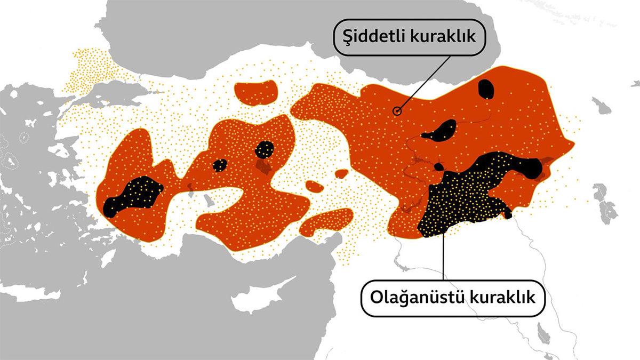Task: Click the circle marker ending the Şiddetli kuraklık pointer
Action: [x=397, y=111]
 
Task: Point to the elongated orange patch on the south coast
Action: [x=325, y=223]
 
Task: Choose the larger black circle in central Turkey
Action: [x=265, y=149]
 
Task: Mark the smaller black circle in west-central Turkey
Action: [x=220, y=165]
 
